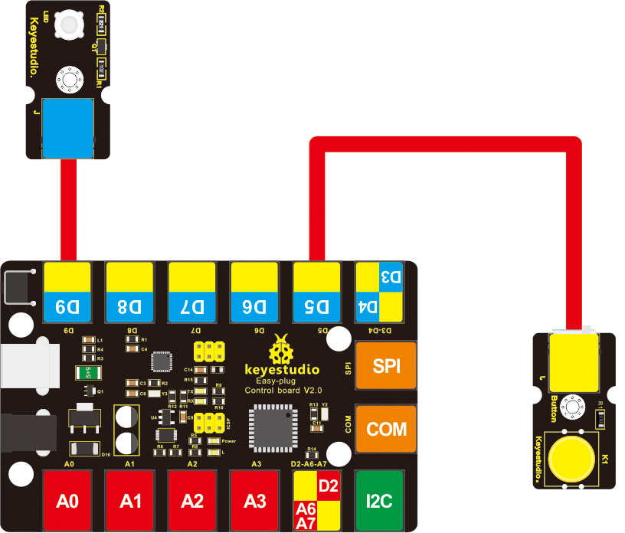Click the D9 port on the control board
click(x=68, y=292)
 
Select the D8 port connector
click(x=129, y=292)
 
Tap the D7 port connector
click(x=191, y=292)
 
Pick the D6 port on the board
click(x=254, y=292)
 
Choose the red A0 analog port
click(x=68, y=502)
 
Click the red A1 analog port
click(x=129, y=502)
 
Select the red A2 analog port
click(x=191, y=502)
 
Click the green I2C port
click(x=379, y=502)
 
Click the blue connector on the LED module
click(x=68, y=128)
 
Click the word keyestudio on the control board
click(x=282, y=370)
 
